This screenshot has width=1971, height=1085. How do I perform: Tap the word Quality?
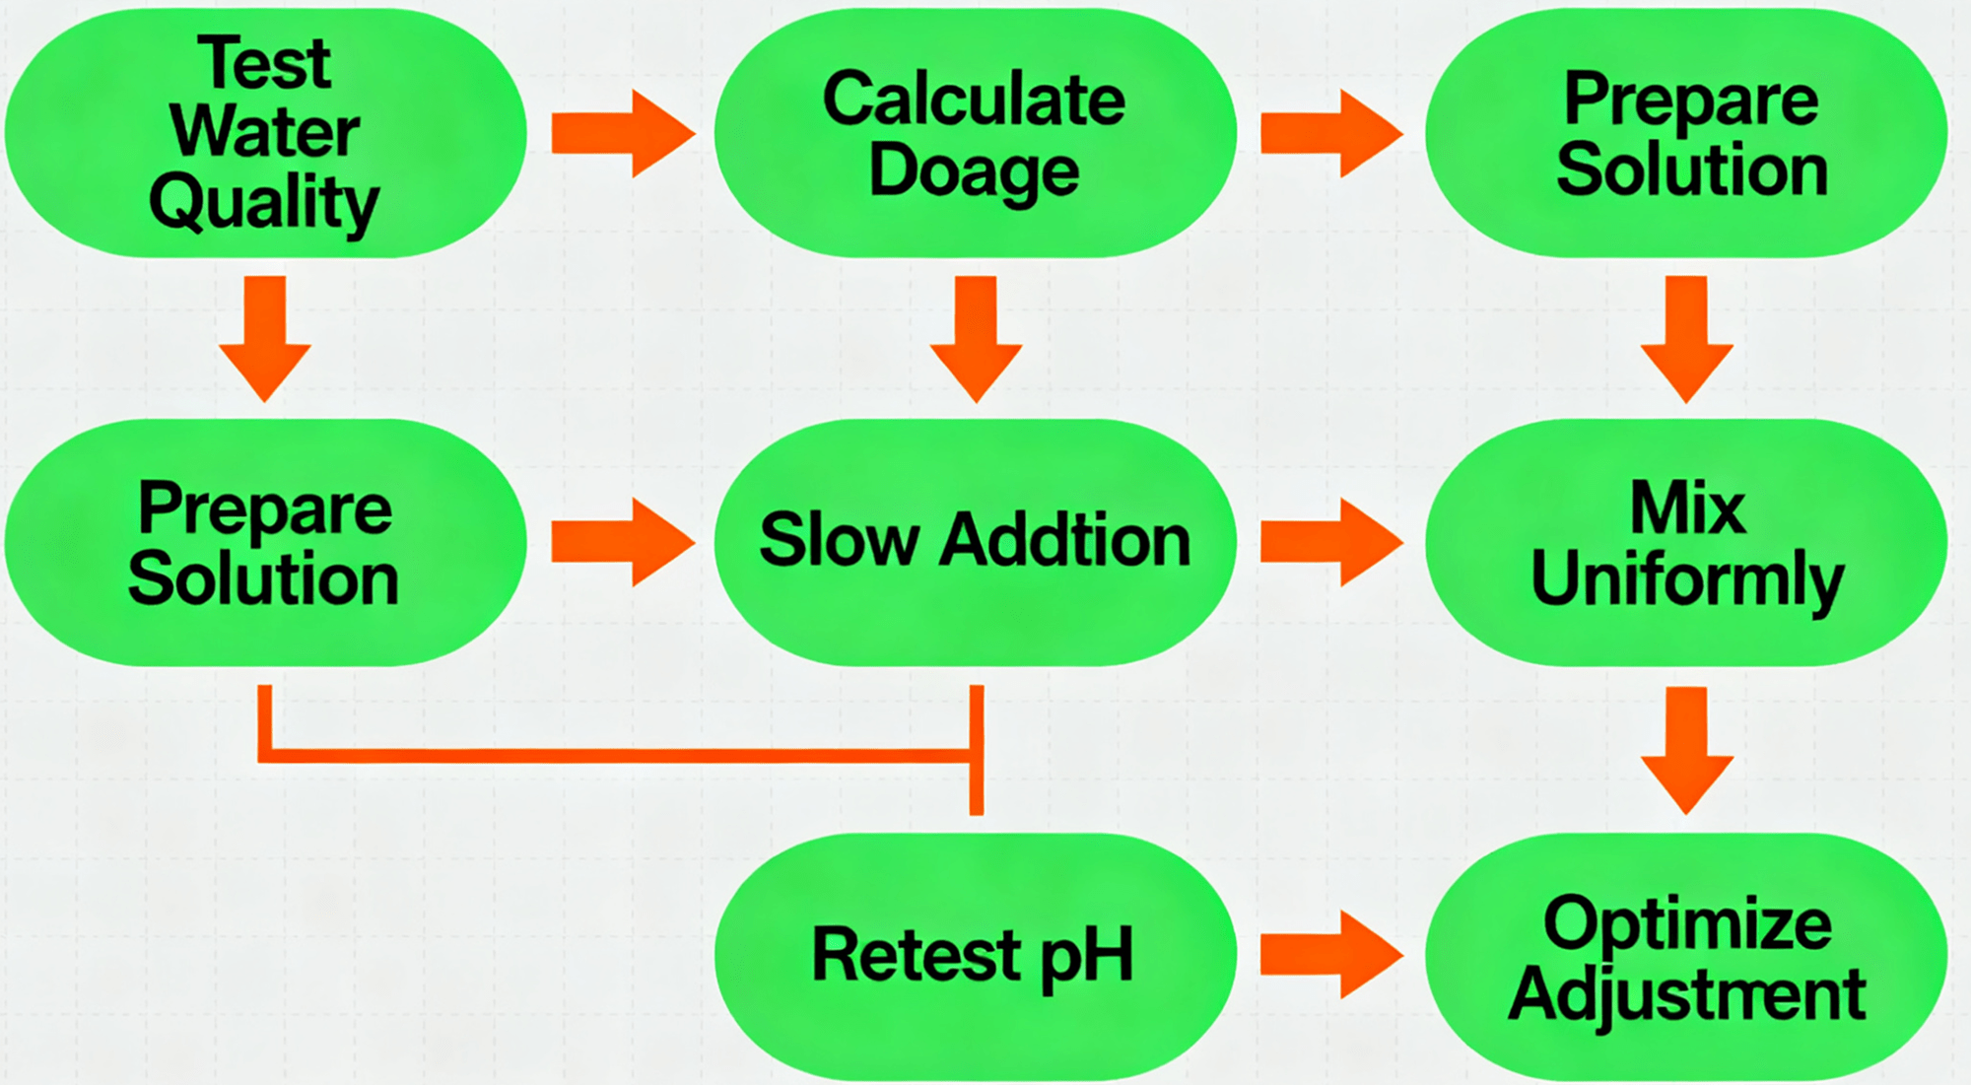tap(264, 202)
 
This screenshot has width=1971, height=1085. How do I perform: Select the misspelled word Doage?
tap(974, 171)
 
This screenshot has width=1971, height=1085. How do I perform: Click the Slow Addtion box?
tap(975, 542)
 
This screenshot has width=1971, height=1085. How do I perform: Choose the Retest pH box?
tap(975, 956)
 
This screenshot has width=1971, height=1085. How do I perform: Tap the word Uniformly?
tap(1687, 579)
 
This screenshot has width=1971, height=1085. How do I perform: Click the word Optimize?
tap(1687, 923)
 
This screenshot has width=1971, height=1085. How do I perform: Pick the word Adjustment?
tap(1687, 994)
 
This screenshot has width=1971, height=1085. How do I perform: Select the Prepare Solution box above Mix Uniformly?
tap(1687, 133)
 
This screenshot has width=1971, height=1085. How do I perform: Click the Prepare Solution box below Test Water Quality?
tap(264, 542)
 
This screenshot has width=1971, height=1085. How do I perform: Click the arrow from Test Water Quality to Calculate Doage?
tap(622, 133)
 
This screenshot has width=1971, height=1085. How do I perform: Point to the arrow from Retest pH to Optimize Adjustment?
tap(1330, 955)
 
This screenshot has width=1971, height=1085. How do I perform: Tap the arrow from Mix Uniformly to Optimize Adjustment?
tap(1687, 749)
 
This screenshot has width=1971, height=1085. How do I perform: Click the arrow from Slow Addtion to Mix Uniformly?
tap(1330, 542)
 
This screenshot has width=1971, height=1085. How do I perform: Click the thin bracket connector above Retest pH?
tap(621, 756)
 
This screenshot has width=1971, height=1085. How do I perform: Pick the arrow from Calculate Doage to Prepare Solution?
tap(1330, 133)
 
